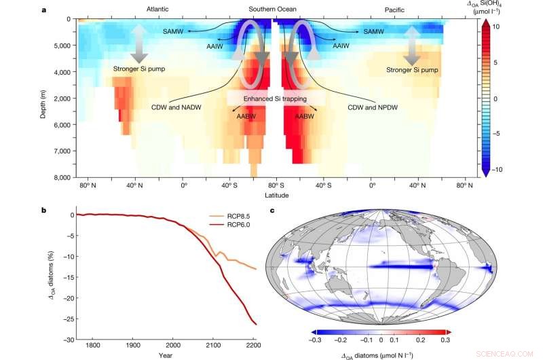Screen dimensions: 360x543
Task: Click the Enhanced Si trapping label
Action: pyautogui.click(x=271, y=100)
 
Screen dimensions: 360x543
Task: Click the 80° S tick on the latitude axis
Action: pyautogui.click(x=275, y=184)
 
